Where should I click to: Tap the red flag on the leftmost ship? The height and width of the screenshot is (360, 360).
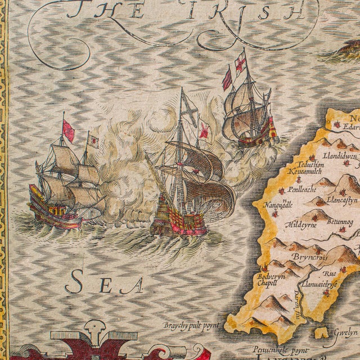pyautogui.click(x=69, y=132)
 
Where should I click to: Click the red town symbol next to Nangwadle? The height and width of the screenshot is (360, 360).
pyautogui.click(x=276, y=214)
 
